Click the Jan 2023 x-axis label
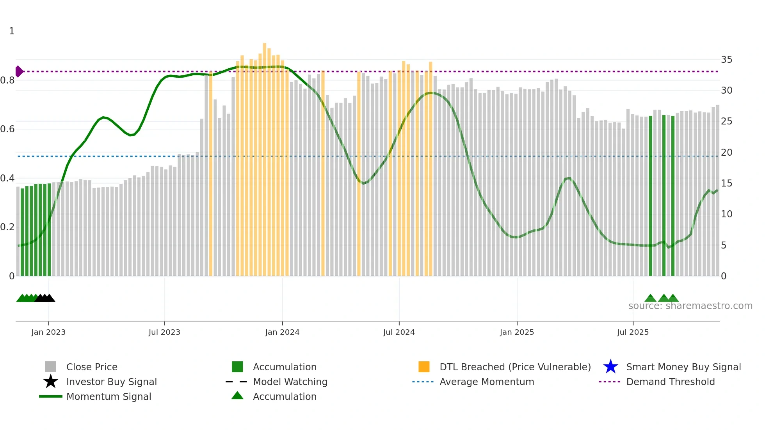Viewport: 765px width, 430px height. point(48,332)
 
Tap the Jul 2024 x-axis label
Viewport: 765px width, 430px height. point(399,332)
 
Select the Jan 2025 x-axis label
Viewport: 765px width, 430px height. point(517,332)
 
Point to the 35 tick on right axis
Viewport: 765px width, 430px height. point(726,60)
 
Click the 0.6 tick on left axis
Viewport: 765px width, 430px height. point(7,129)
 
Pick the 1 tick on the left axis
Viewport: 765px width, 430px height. point(12,31)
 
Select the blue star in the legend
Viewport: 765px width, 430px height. point(610,367)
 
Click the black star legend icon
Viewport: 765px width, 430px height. point(51,382)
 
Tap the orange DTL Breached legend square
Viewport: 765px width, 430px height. point(424,367)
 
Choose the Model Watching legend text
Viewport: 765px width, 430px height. point(290,382)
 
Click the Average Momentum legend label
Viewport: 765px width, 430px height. point(487,382)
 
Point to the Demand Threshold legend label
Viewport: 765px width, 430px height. point(670,382)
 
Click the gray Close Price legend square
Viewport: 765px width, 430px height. point(51,367)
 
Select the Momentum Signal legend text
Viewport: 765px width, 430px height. point(109,396)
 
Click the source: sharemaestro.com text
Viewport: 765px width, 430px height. point(690,306)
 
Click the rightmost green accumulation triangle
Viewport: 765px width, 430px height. point(673,299)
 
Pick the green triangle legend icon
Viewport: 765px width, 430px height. point(237,396)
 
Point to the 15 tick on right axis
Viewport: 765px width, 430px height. point(726,183)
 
